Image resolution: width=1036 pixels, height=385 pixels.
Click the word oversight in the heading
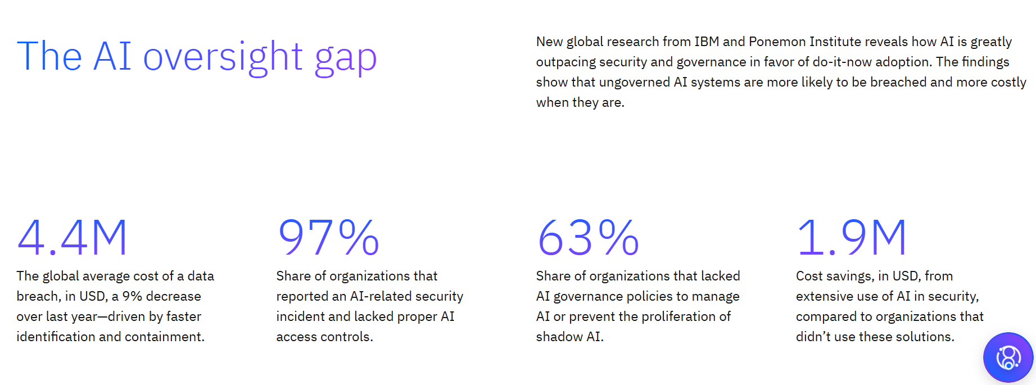(x=223, y=57)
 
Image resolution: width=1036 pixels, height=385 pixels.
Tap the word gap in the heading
(x=346, y=58)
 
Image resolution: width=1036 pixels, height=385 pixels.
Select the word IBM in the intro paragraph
(x=707, y=42)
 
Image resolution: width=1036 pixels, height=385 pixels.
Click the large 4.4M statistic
(x=73, y=238)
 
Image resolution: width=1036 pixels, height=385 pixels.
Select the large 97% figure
(x=328, y=238)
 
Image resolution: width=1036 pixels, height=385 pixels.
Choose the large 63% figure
(x=588, y=238)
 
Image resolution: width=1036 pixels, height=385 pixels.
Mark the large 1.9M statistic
(x=851, y=238)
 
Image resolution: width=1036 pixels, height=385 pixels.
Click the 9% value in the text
(x=132, y=296)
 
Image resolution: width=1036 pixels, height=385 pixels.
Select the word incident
(x=300, y=316)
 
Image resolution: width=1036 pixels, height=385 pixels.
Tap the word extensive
(x=822, y=296)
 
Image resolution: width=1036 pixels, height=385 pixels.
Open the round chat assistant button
(x=1008, y=357)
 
